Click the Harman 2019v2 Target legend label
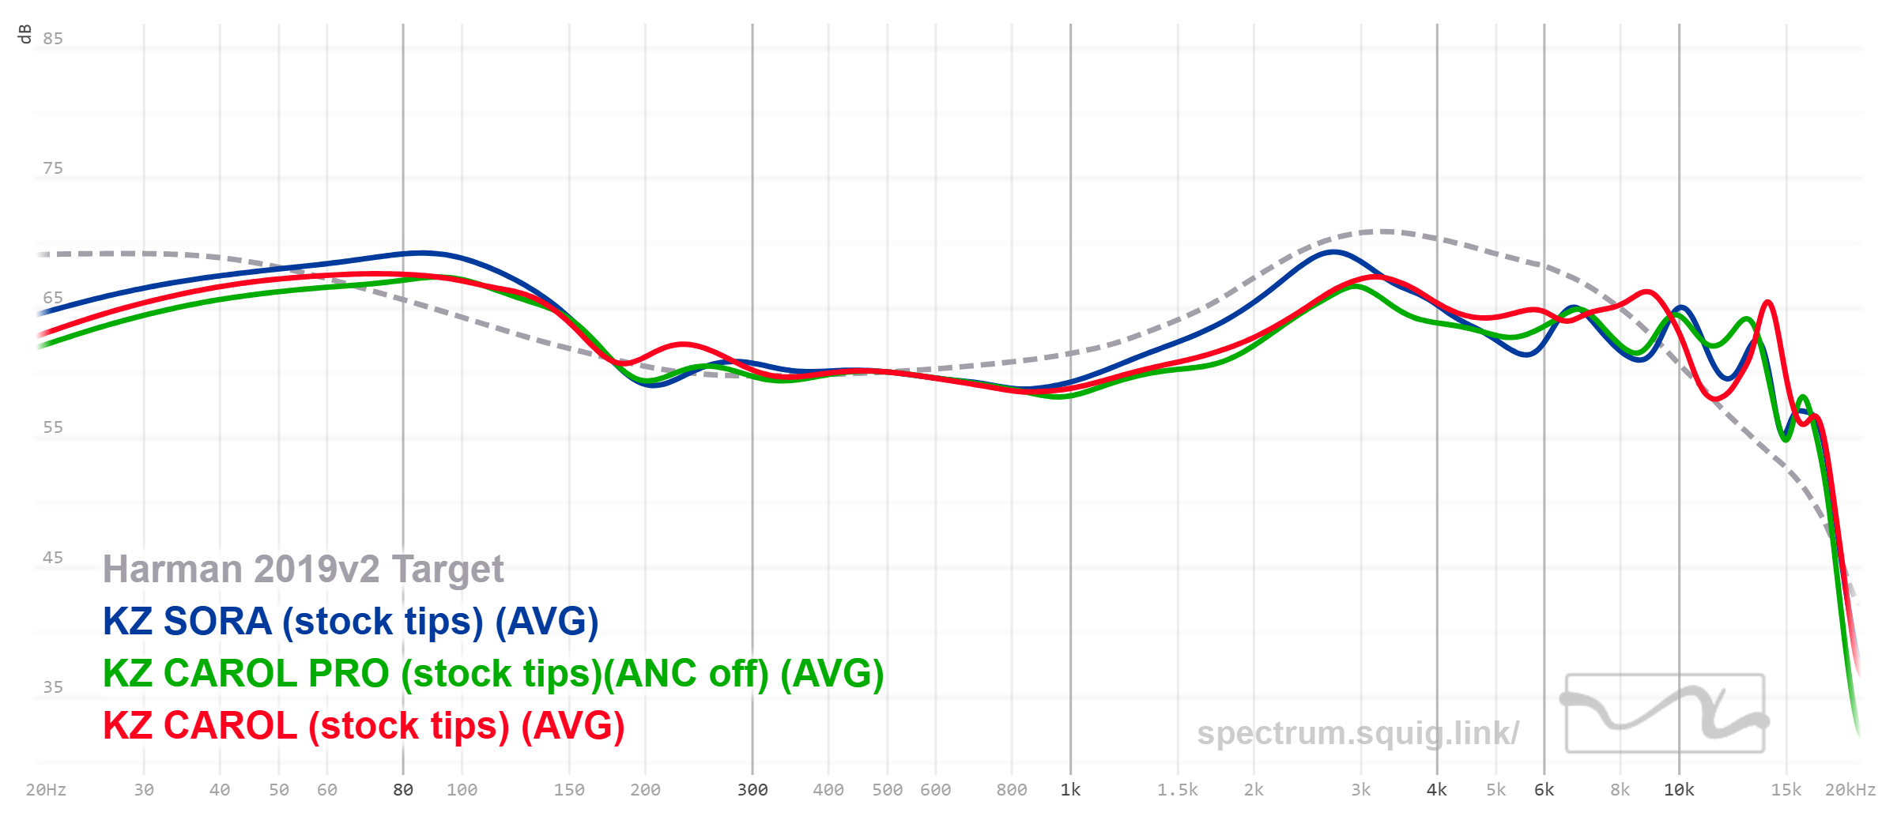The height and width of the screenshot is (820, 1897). coord(303,570)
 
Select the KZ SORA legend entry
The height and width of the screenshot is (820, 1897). coord(350,622)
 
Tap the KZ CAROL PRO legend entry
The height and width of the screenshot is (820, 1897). coord(492,674)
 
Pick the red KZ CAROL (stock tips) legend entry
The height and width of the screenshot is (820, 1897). coord(364,726)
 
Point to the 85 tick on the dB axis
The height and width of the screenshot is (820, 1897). coord(53,39)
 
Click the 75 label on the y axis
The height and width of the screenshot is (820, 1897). coord(53,168)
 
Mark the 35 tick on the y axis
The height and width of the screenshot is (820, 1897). coord(53,687)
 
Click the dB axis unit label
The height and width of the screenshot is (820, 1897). coord(25,34)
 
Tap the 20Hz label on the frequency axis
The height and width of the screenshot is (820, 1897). coord(46,790)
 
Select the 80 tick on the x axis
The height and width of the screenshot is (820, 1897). coord(403,790)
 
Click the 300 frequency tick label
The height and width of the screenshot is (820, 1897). coord(752,790)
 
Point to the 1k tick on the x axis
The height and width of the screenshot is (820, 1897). coord(1070,790)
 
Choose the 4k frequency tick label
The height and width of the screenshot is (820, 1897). coord(1437,790)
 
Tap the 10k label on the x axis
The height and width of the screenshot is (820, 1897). coord(1679,790)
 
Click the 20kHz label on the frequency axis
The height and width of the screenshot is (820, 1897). coord(1850,790)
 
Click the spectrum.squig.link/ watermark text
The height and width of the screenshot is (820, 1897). coord(1357,733)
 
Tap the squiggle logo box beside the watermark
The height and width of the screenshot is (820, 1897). coord(1665,713)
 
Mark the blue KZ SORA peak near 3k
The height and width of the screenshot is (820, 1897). coord(1333,253)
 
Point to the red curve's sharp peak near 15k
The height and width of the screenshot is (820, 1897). coord(1767,303)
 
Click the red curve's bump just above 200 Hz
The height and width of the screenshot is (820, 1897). coord(683,344)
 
